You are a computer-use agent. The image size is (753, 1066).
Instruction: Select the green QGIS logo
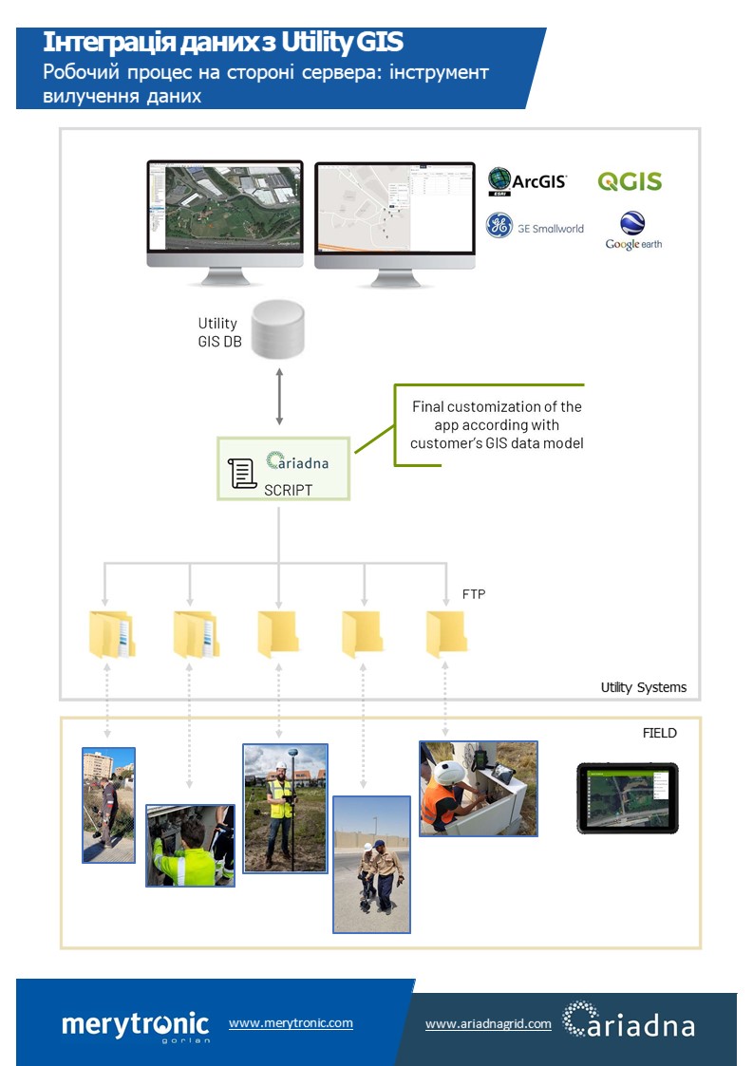point(629,181)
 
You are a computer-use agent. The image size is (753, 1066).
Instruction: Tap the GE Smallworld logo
point(535,227)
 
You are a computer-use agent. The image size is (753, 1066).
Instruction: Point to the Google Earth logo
point(633,231)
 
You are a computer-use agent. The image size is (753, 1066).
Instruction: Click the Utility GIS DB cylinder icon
point(278,329)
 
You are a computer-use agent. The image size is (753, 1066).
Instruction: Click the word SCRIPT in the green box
point(288,490)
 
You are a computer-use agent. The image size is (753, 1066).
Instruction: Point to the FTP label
point(473,594)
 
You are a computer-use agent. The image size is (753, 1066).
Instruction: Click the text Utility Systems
point(643,687)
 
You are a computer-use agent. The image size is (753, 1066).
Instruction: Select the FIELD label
point(659,733)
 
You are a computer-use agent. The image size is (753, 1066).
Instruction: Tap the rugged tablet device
point(628,798)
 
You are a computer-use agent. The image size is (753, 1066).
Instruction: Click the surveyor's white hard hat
point(282,762)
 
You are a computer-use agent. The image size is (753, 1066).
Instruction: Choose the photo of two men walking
point(371,864)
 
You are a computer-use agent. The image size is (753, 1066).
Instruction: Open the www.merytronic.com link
point(291,1023)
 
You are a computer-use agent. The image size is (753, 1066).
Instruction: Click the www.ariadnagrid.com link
point(488,1024)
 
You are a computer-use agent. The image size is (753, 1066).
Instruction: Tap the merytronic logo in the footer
point(135,1025)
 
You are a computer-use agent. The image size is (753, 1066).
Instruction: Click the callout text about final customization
point(496,425)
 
